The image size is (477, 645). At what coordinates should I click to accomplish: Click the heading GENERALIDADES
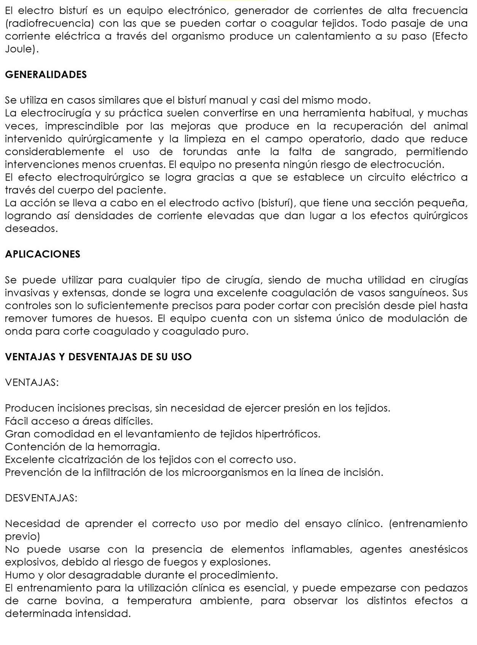point(46,75)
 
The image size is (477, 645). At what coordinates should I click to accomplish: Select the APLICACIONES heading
point(43,254)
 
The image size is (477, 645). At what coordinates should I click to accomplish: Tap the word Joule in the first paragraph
point(21,49)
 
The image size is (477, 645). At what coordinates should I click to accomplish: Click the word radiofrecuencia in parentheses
point(50,24)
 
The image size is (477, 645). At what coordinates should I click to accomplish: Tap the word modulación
point(417,319)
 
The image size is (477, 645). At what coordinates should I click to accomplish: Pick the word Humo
point(18,575)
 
